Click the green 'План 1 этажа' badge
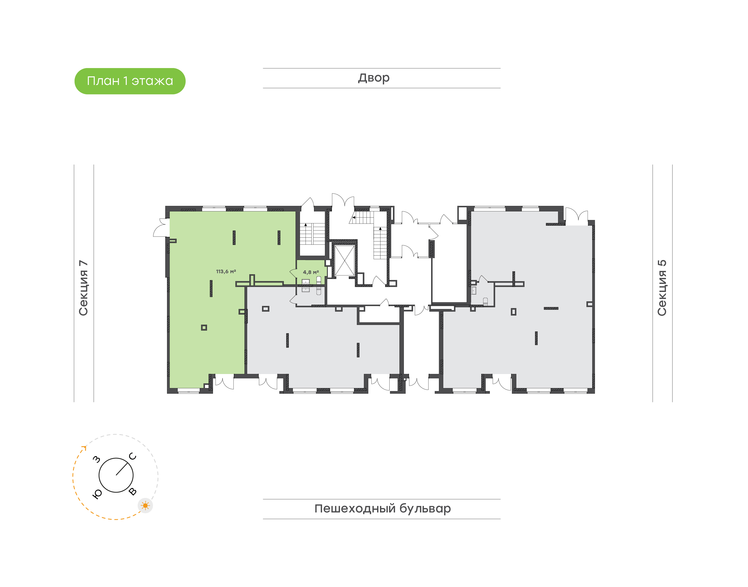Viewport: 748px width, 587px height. pyautogui.click(x=130, y=81)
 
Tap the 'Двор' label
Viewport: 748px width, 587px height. pyautogui.click(x=374, y=78)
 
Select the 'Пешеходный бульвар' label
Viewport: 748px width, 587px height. pyautogui.click(x=382, y=509)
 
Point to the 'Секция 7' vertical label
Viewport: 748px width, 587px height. pyautogui.click(x=83, y=288)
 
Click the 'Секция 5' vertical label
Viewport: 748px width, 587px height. pyautogui.click(x=662, y=288)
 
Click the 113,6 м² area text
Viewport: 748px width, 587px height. pyautogui.click(x=226, y=271)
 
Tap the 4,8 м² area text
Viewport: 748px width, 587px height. pyautogui.click(x=311, y=272)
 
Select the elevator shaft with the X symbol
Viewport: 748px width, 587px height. pyautogui.click(x=344, y=260)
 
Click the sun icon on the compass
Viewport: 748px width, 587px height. pyautogui.click(x=145, y=505)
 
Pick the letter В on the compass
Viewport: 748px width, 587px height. pyautogui.click(x=133, y=492)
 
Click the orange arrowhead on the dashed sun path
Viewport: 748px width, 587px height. pyautogui.click(x=84, y=448)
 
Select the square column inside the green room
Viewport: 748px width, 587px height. pyautogui.click(x=204, y=328)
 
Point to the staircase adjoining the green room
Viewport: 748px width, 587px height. pyautogui.click(x=312, y=234)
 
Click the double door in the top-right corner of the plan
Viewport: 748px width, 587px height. pyautogui.click(x=577, y=216)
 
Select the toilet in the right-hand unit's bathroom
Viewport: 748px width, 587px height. pyautogui.click(x=485, y=301)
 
